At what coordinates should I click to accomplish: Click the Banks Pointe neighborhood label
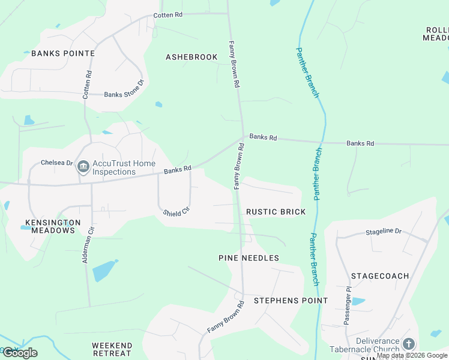(x=63, y=53)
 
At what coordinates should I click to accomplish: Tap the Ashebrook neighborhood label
(x=191, y=57)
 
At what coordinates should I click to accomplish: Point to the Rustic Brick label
(x=276, y=212)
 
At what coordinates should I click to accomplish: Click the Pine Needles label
(x=249, y=258)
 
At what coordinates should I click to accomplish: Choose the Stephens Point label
(x=291, y=300)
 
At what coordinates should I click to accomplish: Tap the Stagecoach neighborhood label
(x=380, y=276)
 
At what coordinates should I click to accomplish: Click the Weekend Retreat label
(x=112, y=349)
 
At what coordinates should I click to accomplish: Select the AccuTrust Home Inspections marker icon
(x=83, y=167)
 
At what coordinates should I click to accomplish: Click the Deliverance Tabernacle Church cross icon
(x=409, y=344)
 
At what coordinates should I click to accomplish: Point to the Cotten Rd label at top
(x=167, y=15)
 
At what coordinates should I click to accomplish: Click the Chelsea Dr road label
(x=56, y=163)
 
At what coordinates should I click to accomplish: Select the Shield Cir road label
(x=176, y=211)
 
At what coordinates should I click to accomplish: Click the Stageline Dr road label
(x=384, y=231)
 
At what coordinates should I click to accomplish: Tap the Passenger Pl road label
(x=348, y=305)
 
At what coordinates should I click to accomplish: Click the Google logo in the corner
(x=20, y=353)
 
